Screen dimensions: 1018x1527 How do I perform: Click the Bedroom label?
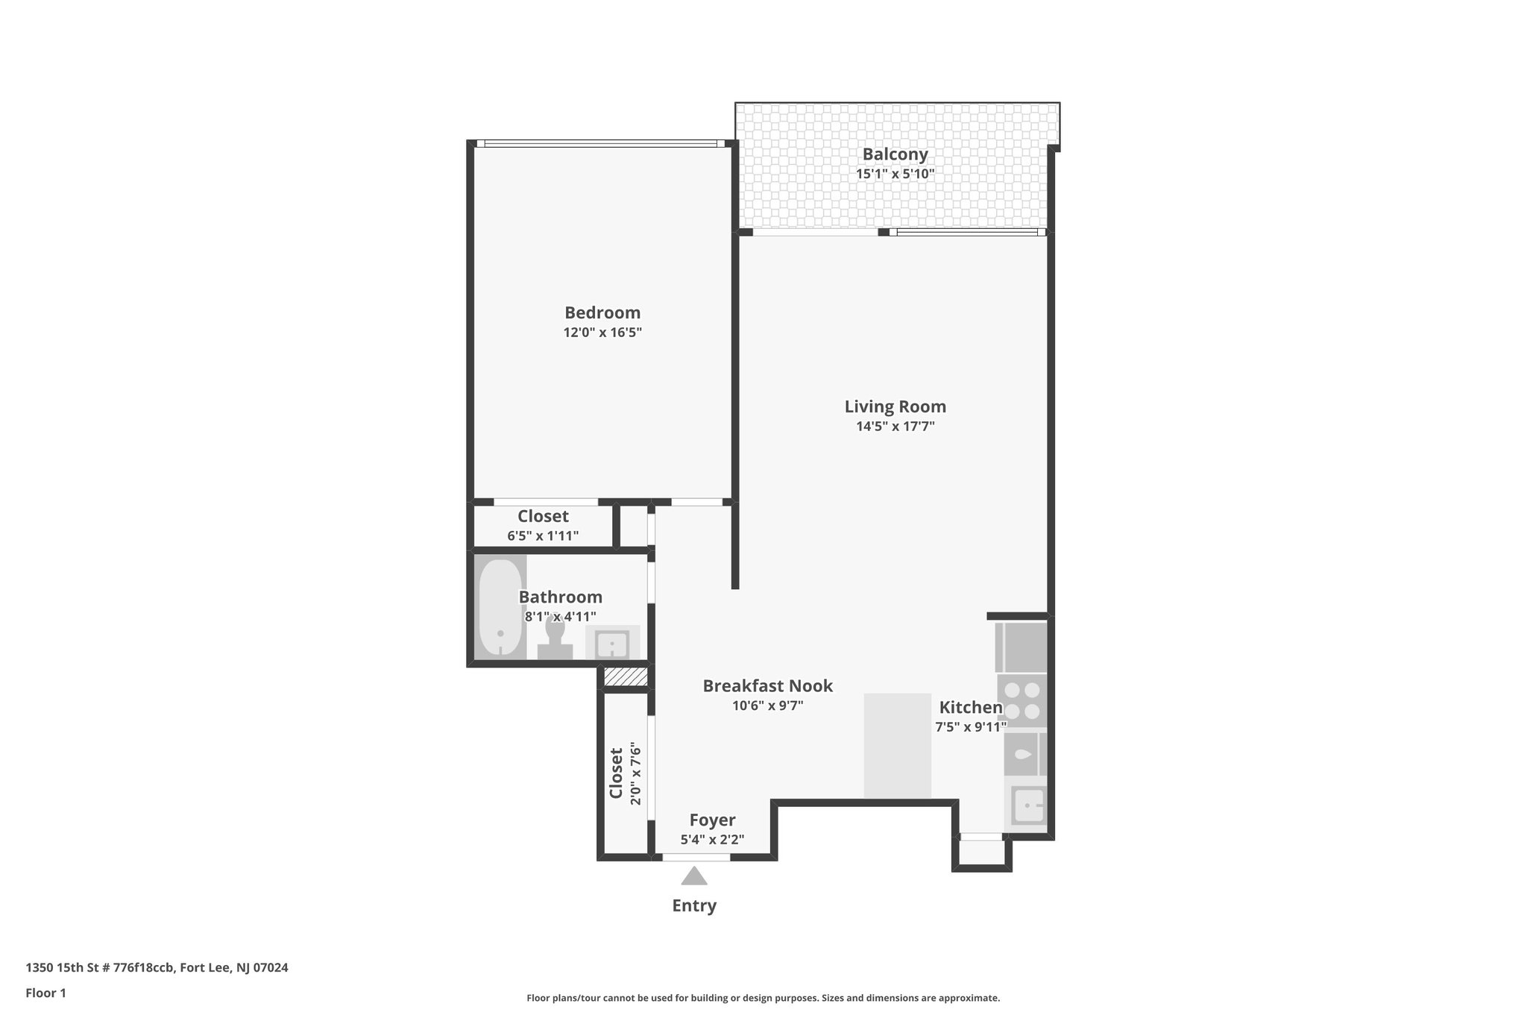602,312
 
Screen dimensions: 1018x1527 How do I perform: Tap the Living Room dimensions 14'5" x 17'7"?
895,427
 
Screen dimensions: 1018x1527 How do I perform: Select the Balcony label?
895,154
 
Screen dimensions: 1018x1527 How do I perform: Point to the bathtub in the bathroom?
500,608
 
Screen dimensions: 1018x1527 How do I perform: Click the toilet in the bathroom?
555,640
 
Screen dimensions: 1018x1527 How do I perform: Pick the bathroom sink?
612,642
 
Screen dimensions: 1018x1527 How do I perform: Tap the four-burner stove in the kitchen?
1023,701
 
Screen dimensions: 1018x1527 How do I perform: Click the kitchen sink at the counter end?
1029,805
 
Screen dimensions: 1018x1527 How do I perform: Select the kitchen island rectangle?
897,746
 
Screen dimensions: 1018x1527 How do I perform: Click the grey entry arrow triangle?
694,876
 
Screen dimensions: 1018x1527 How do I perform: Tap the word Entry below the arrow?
694,905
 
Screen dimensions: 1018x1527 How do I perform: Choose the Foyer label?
712,820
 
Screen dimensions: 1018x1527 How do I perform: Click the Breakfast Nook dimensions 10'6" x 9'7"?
767,706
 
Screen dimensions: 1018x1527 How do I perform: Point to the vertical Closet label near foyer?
617,773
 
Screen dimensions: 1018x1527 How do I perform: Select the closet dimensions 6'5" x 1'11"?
543,535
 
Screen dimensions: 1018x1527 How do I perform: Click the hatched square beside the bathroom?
624,676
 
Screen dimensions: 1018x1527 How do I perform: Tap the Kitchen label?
970,707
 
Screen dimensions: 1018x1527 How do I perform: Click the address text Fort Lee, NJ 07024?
234,968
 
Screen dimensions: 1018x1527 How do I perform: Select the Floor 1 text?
46,993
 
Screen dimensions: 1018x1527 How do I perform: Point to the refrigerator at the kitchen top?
1021,647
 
